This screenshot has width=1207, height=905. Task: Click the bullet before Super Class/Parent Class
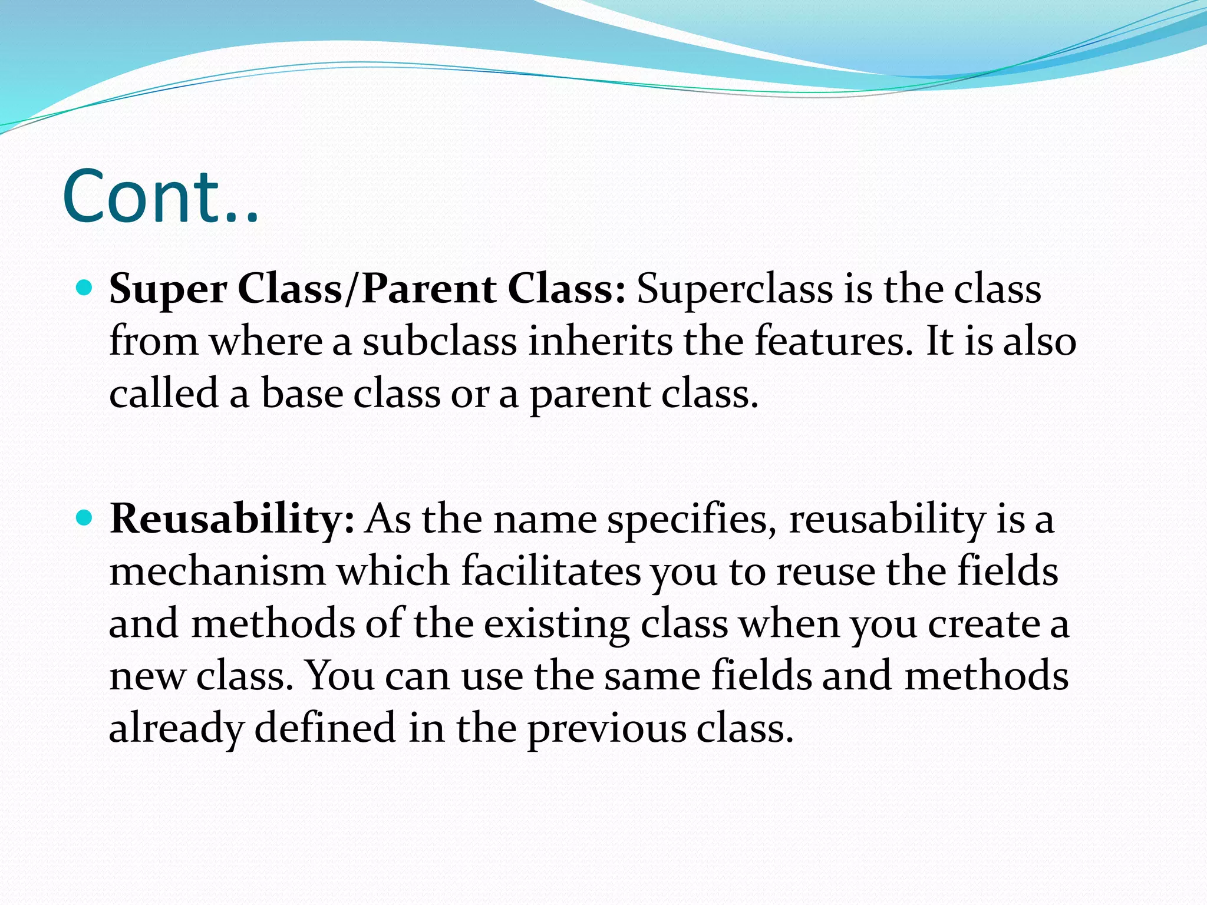click(85, 288)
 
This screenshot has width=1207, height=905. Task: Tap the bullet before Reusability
click(85, 518)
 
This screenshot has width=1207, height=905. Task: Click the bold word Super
click(168, 290)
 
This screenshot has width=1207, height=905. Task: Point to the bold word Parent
click(429, 289)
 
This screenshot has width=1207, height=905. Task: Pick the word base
click(302, 394)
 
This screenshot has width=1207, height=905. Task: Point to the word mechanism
click(217, 572)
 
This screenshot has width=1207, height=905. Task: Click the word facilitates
click(551, 572)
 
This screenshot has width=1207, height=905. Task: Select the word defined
click(325, 728)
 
